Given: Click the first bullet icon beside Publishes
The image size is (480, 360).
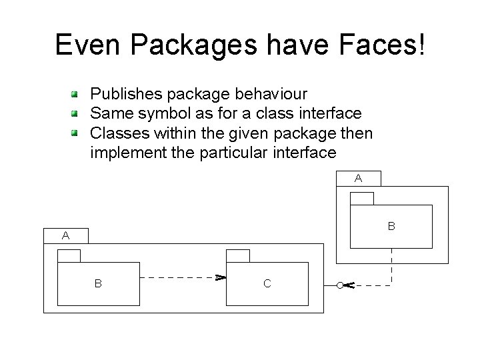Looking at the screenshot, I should point(77,93).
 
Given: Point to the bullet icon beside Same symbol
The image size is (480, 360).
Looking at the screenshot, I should point(77,113).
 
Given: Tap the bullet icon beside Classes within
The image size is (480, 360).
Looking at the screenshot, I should point(77,133).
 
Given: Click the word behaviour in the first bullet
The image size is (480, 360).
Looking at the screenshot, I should point(269,93).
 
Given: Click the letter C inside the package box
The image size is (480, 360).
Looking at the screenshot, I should point(267,283).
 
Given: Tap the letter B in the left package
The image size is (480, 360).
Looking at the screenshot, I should point(98,283).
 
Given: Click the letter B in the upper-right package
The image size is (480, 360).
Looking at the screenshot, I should point(392,227).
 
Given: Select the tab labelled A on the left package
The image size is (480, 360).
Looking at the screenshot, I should point(65,235).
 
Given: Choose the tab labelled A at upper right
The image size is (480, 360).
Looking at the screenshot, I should point(358,178).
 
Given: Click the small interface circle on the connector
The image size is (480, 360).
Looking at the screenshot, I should point(339,285).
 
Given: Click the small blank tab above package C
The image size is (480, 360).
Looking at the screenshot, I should point(238,256).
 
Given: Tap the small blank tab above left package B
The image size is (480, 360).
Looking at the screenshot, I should point(69,256).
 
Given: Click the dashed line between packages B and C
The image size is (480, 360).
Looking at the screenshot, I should point(180,277).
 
